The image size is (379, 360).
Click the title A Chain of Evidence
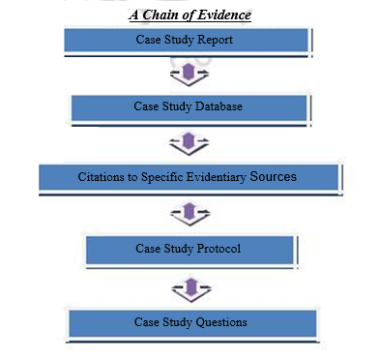point(189,15)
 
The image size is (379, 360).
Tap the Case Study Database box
point(189,107)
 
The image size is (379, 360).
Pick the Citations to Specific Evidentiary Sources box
point(188,178)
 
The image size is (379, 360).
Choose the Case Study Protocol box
point(189,250)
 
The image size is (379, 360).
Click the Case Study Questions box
point(191,322)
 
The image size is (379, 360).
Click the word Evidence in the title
point(222,15)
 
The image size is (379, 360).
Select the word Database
point(215,106)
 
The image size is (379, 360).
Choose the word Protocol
point(217,250)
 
